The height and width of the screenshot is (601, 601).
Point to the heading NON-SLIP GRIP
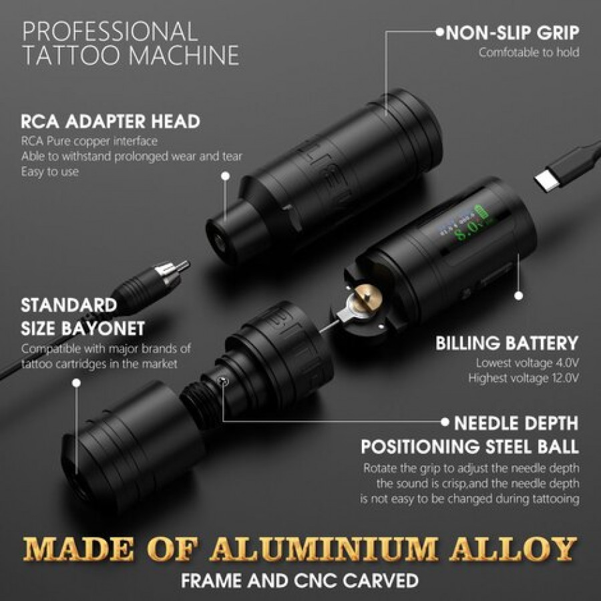coord(512,33)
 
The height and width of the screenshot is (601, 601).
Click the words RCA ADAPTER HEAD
coord(110,122)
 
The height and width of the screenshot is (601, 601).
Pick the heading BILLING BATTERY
coord(507,343)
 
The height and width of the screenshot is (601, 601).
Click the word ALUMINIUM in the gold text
coord(323,550)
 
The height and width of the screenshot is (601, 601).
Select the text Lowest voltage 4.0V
coord(527,363)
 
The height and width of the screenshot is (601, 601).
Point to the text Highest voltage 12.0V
coord(523,379)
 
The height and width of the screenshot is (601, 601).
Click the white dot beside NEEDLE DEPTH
coord(445,423)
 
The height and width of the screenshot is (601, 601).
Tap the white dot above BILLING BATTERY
coord(519,296)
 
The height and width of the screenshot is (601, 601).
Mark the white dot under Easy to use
coord(226,176)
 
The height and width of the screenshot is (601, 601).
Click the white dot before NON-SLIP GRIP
coord(440,32)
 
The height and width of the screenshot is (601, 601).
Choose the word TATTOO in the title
coord(73,55)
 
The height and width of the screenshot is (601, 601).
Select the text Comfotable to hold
coord(529,52)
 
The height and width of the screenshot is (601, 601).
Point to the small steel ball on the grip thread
coord(224,381)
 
